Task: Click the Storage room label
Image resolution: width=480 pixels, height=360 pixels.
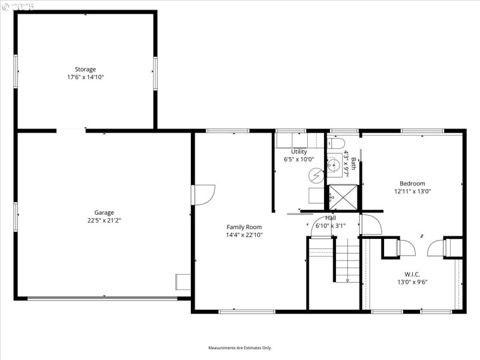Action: click(85, 70)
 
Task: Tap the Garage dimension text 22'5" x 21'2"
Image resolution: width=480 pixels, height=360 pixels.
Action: click(104, 220)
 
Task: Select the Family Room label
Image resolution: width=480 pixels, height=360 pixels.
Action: click(244, 227)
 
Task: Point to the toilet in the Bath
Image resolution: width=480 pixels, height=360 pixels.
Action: click(337, 143)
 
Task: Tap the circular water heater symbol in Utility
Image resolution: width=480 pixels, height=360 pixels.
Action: click(316, 175)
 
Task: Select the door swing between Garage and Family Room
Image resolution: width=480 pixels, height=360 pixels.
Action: click(203, 195)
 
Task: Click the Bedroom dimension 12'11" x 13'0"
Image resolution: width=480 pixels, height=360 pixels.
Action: click(412, 191)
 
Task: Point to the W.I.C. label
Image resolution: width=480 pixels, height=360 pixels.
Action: click(412, 274)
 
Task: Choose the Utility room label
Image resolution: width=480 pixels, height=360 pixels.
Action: click(299, 152)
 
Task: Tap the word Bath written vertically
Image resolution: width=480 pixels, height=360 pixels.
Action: click(353, 163)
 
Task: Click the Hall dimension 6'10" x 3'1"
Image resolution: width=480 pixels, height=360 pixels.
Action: click(331, 226)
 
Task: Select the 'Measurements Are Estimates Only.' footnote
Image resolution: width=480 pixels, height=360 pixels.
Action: click(240, 348)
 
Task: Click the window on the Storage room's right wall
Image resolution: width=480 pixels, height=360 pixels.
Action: click(155, 73)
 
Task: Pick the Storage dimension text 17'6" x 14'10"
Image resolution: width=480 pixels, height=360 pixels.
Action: click(85, 77)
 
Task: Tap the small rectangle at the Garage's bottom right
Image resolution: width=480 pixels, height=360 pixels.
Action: click(183, 281)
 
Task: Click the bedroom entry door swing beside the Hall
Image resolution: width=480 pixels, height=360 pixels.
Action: click(370, 224)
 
